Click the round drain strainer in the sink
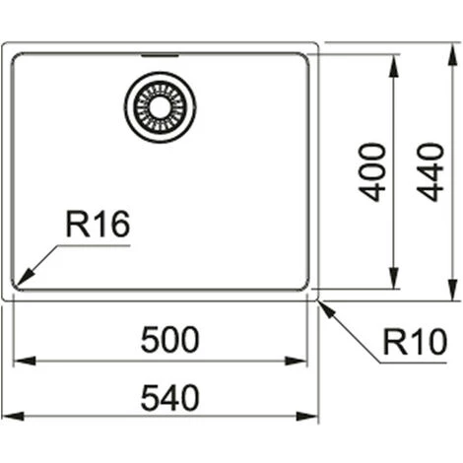click(x=160, y=106)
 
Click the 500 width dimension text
click(x=169, y=340)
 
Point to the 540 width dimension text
click(x=169, y=398)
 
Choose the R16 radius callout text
click(x=98, y=226)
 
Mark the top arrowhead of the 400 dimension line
click(x=395, y=61)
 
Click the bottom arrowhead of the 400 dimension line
click(x=395, y=282)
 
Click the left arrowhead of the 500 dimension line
click(x=19, y=361)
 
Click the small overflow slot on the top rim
click(x=160, y=55)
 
